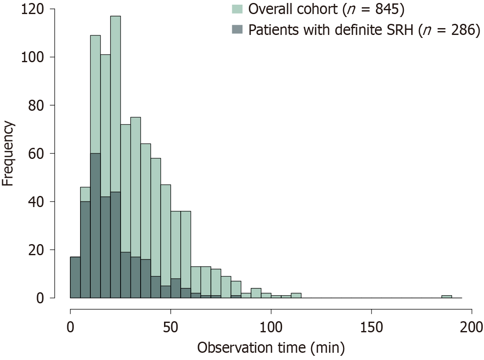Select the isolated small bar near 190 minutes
click(x=447, y=297)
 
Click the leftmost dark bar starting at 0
click(x=75, y=277)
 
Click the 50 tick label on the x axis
click(x=170, y=328)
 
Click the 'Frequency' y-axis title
click(x=9, y=153)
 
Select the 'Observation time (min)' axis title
click(x=271, y=348)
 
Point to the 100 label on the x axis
click(x=271, y=328)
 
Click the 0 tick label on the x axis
click(x=70, y=328)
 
